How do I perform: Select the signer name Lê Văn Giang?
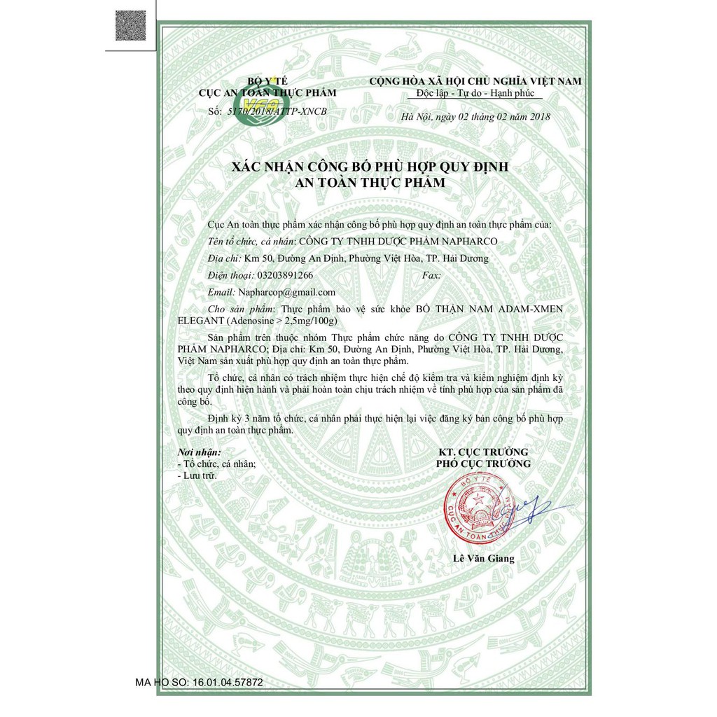[483, 558]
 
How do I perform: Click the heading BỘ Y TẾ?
[267, 82]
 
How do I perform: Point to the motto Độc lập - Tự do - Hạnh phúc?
[475, 93]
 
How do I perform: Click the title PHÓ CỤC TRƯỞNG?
[483, 464]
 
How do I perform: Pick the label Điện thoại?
[232, 275]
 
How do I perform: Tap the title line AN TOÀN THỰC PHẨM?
[370, 182]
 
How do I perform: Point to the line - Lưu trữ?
[198, 475]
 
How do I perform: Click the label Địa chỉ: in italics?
[225, 258]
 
